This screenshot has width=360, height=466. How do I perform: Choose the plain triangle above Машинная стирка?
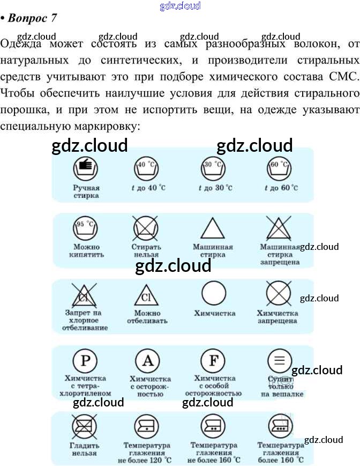click(x=212, y=230)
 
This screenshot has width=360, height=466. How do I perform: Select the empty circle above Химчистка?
click(x=213, y=294)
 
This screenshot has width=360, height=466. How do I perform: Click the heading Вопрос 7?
click(x=32, y=18)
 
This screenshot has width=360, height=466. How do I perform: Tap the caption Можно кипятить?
click(x=86, y=250)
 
